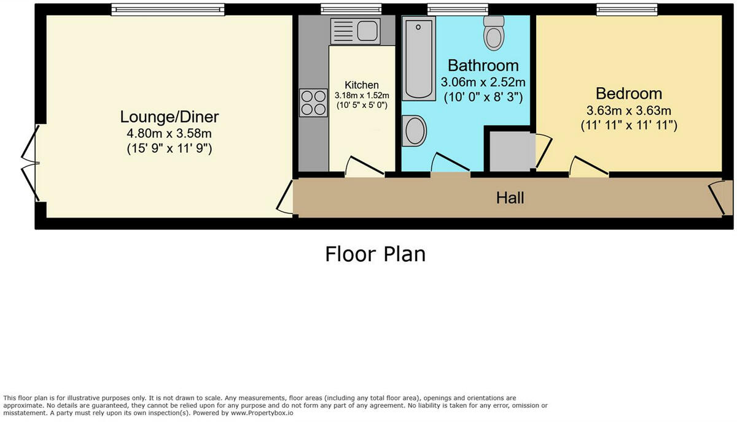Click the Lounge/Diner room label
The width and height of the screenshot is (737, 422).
pos(170,117)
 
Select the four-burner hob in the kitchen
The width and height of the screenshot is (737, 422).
pos(313,103)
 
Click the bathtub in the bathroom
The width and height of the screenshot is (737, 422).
pos(419,58)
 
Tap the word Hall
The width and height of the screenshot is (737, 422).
pos(510,198)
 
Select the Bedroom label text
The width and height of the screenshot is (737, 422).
pos(629,94)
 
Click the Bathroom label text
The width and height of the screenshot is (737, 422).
pos(483,65)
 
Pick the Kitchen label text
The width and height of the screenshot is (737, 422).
pos(362,85)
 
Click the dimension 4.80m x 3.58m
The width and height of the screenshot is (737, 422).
pos(170,132)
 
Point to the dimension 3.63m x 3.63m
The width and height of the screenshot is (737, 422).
pos(629,110)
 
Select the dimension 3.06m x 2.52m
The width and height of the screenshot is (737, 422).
pos(483,82)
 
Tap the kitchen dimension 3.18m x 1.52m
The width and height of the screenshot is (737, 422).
pos(362,96)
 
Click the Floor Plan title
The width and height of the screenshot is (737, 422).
pos(375,253)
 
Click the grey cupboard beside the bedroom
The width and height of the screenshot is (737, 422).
pos(510,151)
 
